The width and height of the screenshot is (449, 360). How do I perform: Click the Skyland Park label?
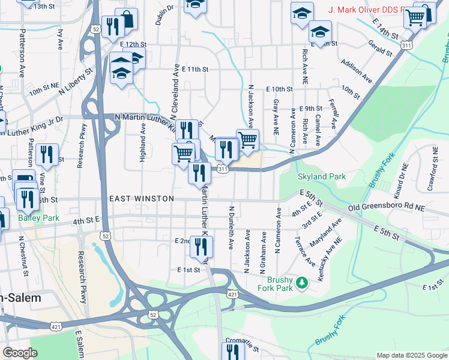321,177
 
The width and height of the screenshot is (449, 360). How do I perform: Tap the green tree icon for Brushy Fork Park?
303,281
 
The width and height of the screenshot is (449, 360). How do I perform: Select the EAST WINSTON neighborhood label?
142,199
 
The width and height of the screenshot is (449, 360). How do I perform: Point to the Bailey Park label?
38,218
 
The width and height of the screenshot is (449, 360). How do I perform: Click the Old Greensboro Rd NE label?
387,208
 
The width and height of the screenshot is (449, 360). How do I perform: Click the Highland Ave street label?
143,143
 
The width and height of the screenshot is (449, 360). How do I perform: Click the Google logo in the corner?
20,353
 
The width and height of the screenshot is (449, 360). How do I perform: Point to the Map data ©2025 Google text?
411,355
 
